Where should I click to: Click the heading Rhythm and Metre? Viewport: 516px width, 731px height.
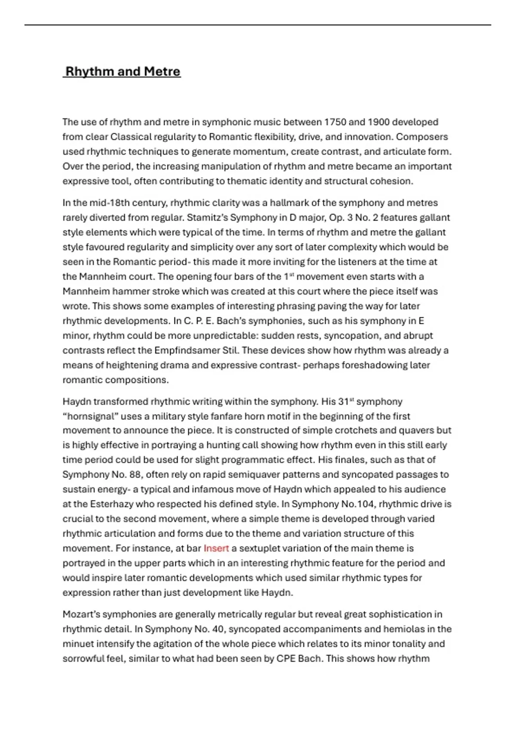point(123,71)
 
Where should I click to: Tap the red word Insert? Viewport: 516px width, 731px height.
point(216,548)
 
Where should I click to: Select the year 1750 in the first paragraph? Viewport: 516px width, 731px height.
point(335,122)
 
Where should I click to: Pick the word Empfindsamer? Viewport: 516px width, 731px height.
point(187,350)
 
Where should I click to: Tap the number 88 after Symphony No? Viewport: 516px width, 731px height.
point(121,475)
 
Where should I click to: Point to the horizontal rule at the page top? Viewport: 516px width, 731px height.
point(258,25)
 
